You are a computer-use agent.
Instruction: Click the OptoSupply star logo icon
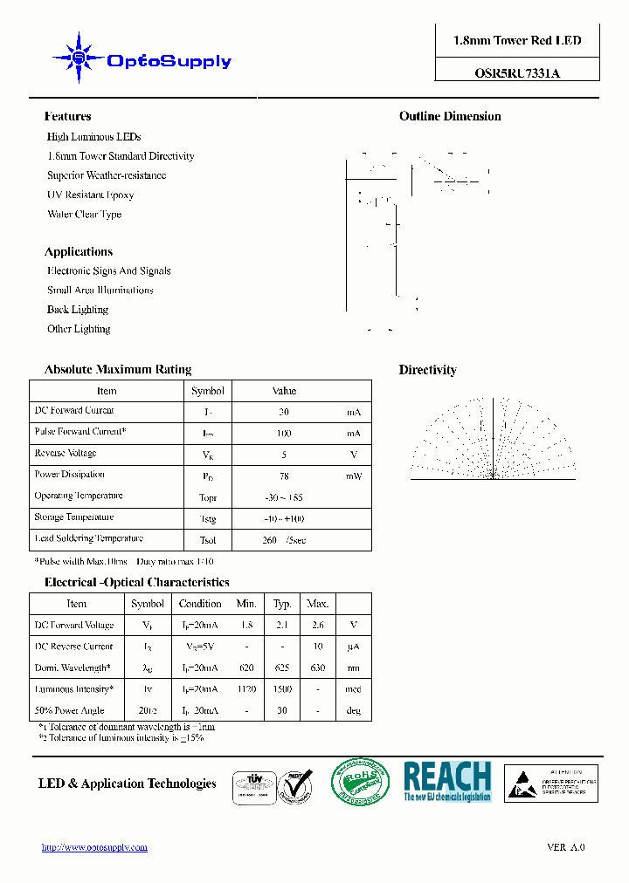click(x=79, y=58)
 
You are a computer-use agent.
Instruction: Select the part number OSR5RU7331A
click(x=517, y=73)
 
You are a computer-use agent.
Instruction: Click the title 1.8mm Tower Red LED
click(x=517, y=41)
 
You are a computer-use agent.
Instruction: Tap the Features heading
click(x=67, y=116)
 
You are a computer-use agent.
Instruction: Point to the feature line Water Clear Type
click(x=84, y=214)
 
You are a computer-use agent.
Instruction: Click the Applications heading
click(x=79, y=251)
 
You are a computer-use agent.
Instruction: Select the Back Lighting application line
click(x=78, y=310)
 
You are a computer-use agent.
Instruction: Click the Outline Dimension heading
click(x=450, y=116)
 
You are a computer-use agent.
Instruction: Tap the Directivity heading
click(x=427, y=370)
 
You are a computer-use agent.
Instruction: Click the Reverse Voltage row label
click(x=66, y=454)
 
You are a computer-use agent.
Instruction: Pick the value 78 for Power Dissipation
click(x=284, y=476)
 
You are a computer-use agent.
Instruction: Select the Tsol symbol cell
click(x=207, y=540)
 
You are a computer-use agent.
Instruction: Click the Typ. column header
click(x=282, y=604)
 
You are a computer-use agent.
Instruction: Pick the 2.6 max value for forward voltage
click(x=317, y=626)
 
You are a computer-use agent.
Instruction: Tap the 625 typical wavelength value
click(x=282, y=668)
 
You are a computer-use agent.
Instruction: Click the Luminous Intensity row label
click(x=73, y=689)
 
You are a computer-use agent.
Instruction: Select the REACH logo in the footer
click(x=446, y=781)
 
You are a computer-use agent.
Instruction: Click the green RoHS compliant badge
click(x=362, y=781)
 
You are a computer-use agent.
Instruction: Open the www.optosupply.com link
click(x=94, y=847)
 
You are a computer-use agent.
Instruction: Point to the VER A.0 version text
click(x=565, y=847)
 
